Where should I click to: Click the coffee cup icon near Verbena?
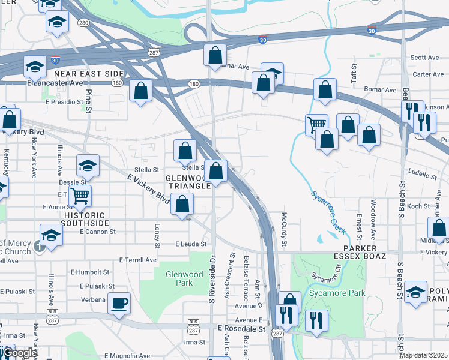(x=119, y=302)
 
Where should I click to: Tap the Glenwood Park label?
(x=180, y=278)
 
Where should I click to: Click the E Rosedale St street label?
(x=241, y=329)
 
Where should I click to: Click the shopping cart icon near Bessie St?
(x=79, y=195)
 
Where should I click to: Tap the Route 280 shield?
(x=83, y=23)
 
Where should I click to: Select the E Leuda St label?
(x=191, y=244)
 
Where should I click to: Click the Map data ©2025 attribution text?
(x=423, y=355)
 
